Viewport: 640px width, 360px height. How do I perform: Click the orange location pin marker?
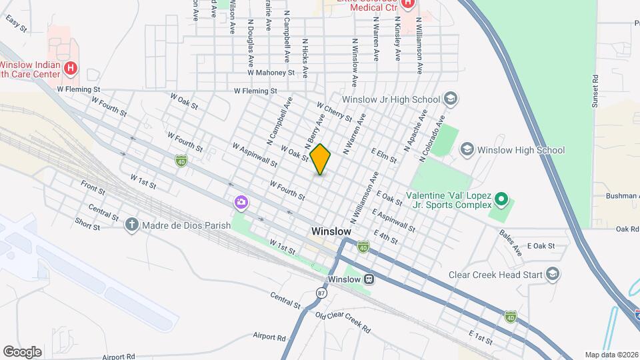pyautogui.click(x=321, y=159)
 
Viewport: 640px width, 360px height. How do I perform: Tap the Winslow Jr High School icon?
pyautogui.click(x=451, y=99)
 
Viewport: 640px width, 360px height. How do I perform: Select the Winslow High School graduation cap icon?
pyautogui.click(x=467, y=150)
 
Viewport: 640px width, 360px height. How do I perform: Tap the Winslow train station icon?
pyautogui.click(x=369, y=279)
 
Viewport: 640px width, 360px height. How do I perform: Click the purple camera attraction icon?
pyautogui.click(x=240, y=201)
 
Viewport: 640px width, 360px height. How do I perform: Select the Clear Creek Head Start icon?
pyautogui.click(x=552, y=274)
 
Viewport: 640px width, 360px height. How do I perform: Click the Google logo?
pyautogui.click(x=22, y=351)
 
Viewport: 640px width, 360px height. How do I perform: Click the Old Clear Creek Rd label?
pyautogui.click(x=342, y=323)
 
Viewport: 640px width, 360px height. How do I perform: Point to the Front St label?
pyautogui.click(x=93, y=189)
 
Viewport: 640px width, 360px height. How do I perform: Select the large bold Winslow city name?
pyautogui.click(x=331, y=231)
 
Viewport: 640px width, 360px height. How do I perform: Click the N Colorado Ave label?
pyautogui.click(x=431, y=140)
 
